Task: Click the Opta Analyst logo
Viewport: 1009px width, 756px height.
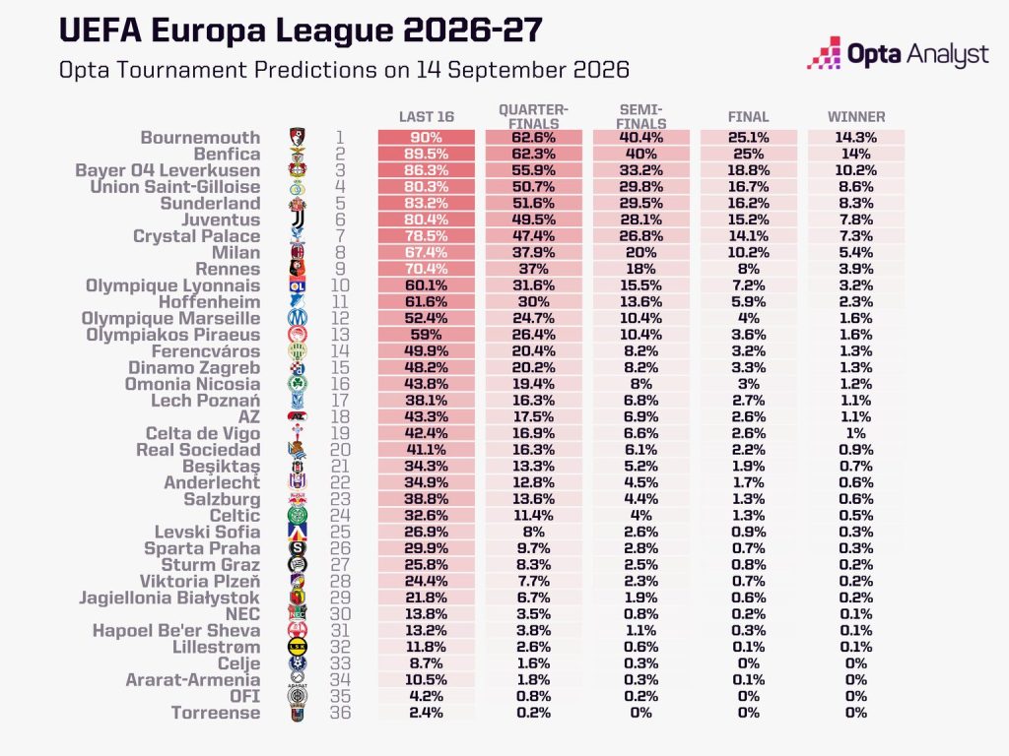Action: point(898,53)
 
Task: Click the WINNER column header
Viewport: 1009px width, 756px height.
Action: point(856,117)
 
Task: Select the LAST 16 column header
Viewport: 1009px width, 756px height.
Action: point(426,117)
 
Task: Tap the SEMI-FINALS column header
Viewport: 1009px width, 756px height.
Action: point(640,116)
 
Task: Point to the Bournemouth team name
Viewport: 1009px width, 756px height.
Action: point(200,138)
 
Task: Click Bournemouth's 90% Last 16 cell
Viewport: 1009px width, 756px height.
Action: point(426,138)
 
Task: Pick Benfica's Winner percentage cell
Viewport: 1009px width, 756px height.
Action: point(856,155)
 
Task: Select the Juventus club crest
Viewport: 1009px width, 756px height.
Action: point(298,220)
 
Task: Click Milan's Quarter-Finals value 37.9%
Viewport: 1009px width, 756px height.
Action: point(533,253)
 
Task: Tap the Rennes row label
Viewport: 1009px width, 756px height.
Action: point(228,270)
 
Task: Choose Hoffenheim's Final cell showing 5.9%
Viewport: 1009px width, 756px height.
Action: point(749,302)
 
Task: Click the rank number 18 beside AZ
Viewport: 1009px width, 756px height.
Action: point(340,417)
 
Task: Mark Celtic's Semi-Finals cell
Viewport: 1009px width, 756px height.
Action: point(640,516)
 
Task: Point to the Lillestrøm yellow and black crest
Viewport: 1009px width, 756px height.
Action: point(298,648)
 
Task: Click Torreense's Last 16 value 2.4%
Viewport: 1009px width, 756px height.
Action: point(426,713)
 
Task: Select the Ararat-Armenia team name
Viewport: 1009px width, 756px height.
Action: point(193,680)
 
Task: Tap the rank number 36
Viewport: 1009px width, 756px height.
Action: point(340,713)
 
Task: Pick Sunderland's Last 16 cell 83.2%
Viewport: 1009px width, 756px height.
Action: point(426,203)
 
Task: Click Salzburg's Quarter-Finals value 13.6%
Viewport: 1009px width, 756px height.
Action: point(533,499)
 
